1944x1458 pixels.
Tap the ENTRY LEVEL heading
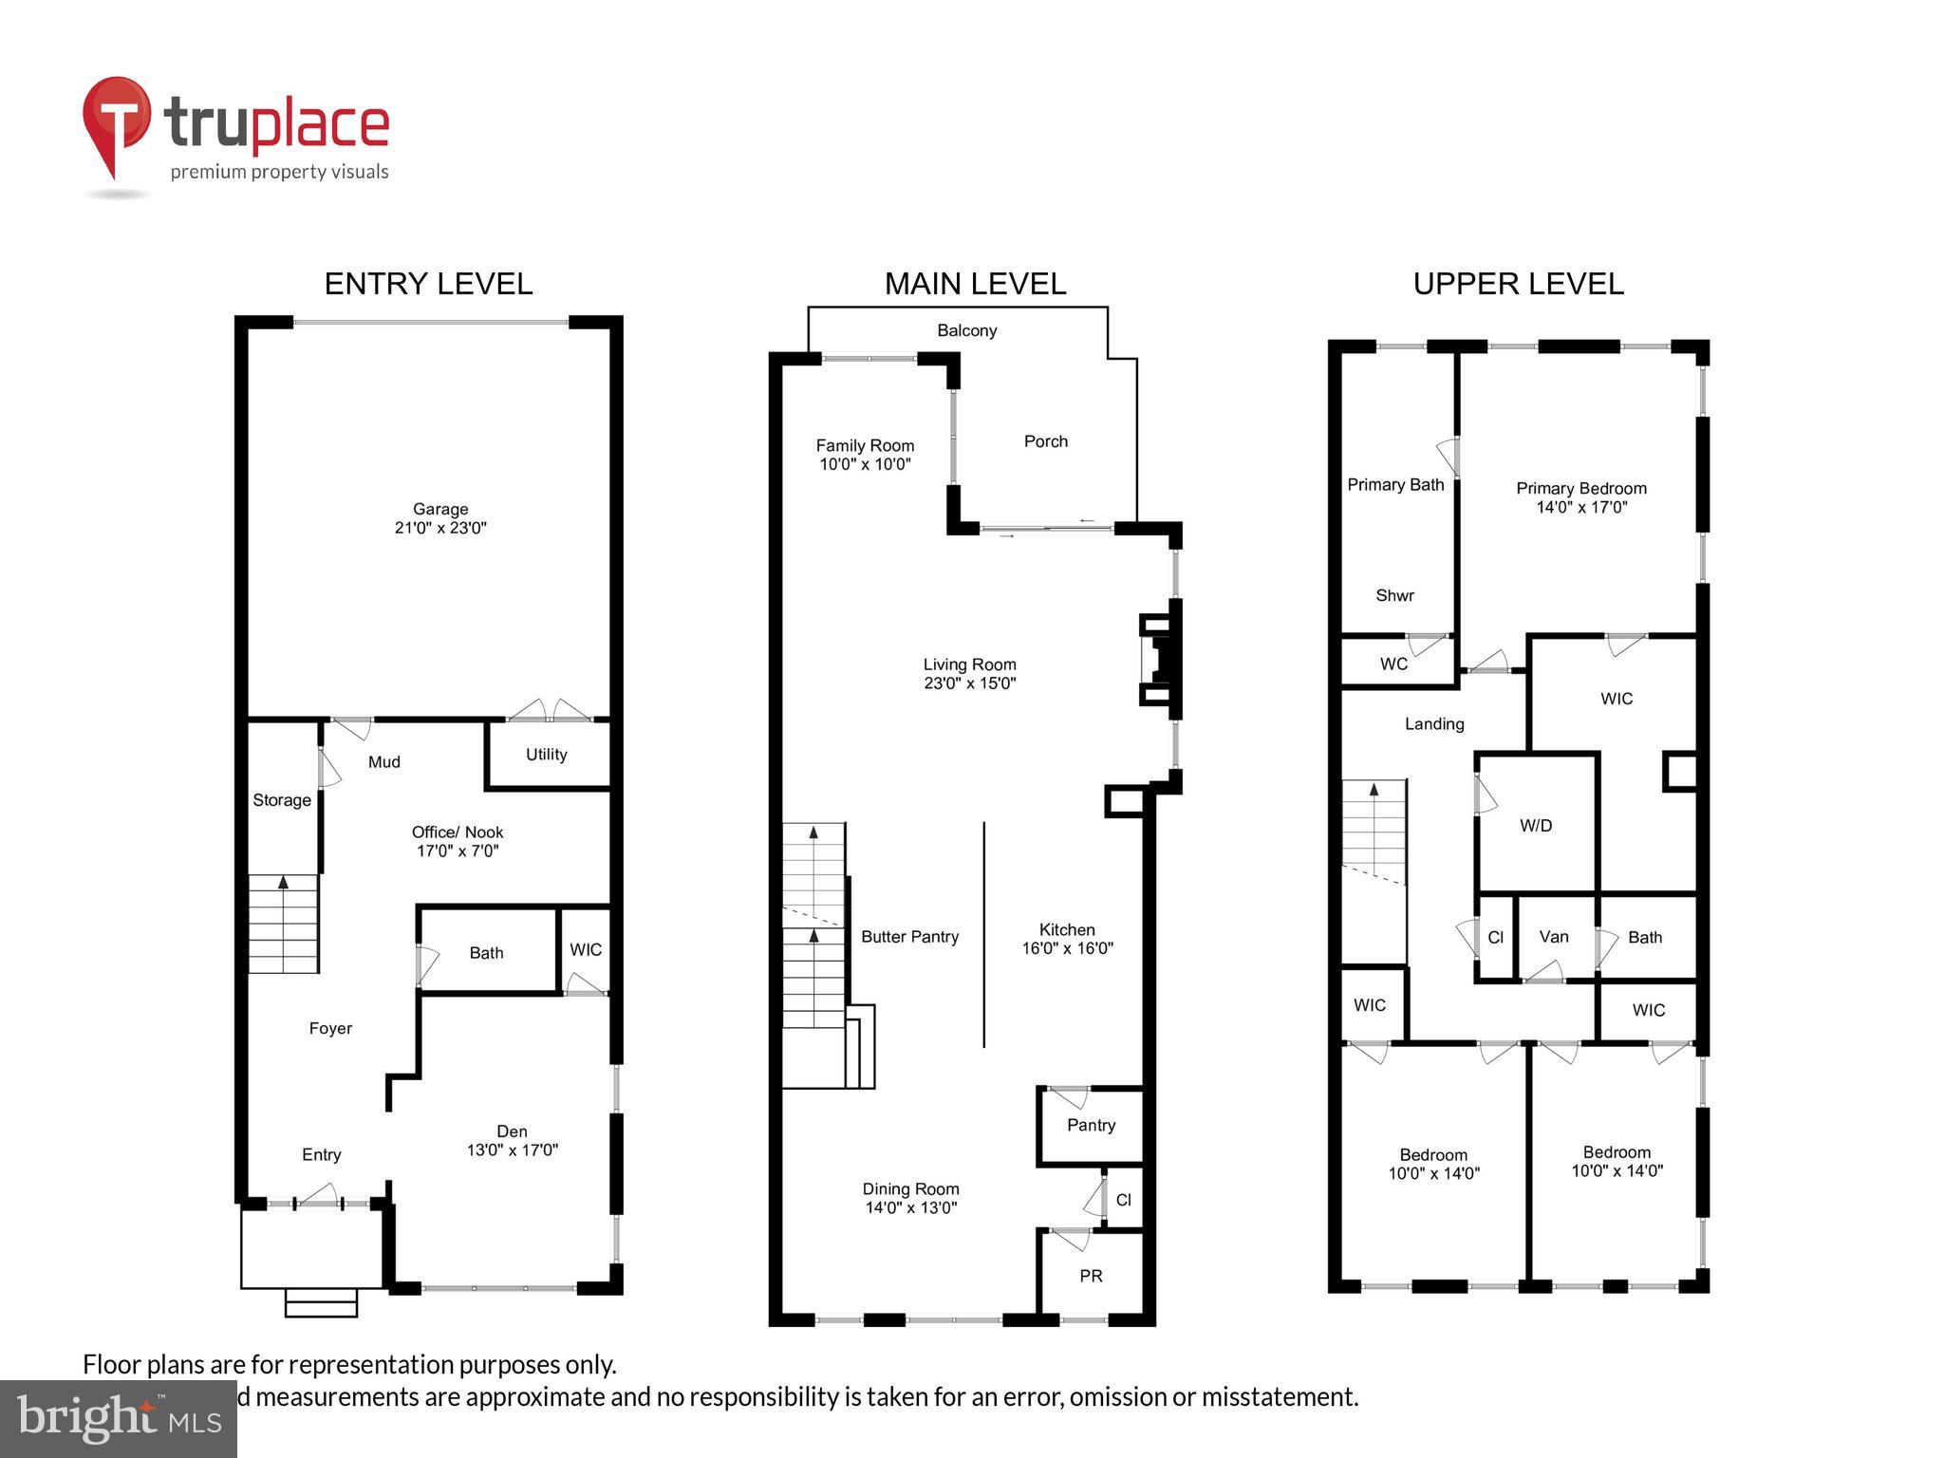[428, 284]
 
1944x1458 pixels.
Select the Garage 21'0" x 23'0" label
[440, 518]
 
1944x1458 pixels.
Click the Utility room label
[546, 755]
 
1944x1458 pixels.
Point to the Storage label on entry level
[282, 800]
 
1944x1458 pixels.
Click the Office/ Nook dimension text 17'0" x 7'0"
[458, 851]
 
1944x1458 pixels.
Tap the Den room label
[512, 1131]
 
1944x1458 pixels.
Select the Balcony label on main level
[966, 330]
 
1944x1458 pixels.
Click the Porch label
[1045, 441]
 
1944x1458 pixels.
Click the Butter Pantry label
[909, 937]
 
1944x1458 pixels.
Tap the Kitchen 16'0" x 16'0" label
[1067, 939]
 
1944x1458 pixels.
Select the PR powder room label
[1091, 1277]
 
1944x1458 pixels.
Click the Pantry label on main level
[1091, 1125]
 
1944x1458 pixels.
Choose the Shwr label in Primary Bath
[1394, 596]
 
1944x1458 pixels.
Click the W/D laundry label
[1535, 826]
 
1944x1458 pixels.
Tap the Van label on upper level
[1553, 937]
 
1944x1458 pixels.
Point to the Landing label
[1434, 724]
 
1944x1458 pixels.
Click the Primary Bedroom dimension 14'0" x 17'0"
[1581, 508]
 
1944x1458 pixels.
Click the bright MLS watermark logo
[119, 1418]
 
